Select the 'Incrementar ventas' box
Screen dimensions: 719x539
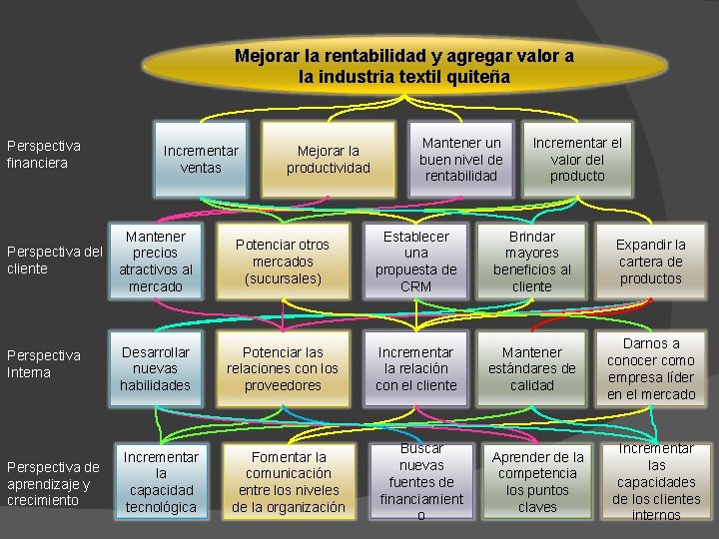pyautogui.click(x=201, y=160)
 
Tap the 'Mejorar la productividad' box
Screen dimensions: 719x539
pyautogui.click(x=329, y=160)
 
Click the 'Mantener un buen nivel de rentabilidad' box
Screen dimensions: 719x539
pyautogui.click(x=460, y=160)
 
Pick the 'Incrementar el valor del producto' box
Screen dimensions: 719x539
pyautogui.click(x=577, y=160)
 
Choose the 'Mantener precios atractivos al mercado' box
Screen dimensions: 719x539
pyautogui.click(x=155, y=262)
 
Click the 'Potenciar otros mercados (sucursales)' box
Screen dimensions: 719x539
pyautogui.click(x=282, y=262)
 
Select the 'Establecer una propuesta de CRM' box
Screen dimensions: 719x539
pyautogui.click(x=416, y=262)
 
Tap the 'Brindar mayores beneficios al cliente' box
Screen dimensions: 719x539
pyautogui.click(x=532, y=262)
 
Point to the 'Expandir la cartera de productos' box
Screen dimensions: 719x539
pyautogui.click(x=651, y=262)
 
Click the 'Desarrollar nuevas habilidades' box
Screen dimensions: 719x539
pyautogui.click(x=155, y=368)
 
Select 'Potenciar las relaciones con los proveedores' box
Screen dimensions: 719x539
pyautogui.click(x=283, y=368)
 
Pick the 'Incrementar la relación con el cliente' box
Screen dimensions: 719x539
pyautogui.click(x=416, y=368)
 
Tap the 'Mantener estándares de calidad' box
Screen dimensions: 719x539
pyautogui.click(x=532, y=368)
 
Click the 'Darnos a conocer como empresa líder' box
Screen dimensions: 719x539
pyautogui.click(x=651, y=368)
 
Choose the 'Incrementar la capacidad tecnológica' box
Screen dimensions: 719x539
pyautogui.click(x=161, y=482)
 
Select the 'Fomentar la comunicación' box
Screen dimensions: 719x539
pyautogui.click(x=289, y=482)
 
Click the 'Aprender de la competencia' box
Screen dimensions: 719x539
pyautogui.click(x=537, y=482)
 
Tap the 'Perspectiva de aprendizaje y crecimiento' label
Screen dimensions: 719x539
pyautogui.click(x=50, y=482)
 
